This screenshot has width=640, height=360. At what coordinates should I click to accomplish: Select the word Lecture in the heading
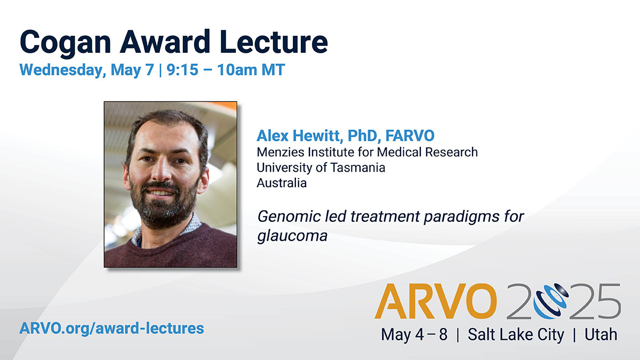pos(274,42)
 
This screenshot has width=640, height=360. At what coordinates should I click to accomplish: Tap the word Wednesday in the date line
pos(62,70)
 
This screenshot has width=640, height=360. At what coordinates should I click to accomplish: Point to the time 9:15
pos(182,70)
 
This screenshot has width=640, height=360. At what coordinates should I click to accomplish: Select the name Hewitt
pos(318,136)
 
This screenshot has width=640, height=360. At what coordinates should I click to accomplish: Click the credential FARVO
pos(410,135)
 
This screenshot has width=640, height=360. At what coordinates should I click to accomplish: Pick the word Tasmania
pos(358,167)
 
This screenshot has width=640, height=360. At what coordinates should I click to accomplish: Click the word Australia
pos(282,183)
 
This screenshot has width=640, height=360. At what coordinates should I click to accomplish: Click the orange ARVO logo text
pos(436,301)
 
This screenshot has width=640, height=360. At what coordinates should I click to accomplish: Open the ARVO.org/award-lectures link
pos(111,329)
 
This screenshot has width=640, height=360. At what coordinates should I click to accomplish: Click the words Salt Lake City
pos(516,334)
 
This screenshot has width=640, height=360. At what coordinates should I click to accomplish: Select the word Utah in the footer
pos(601,334)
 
